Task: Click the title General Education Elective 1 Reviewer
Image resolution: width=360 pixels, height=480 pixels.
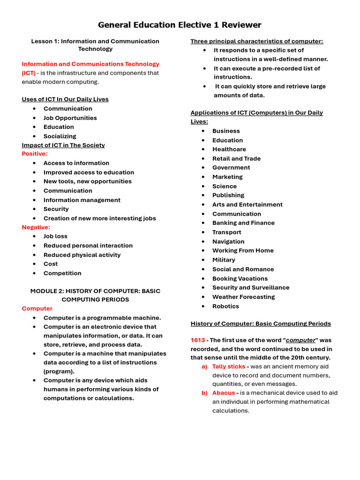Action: tap(180, 25)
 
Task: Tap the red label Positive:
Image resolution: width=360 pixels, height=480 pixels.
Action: tap(35, 154)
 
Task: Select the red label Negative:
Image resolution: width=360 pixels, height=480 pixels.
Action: tap(36, 227)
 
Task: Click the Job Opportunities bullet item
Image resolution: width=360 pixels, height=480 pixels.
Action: tap(70, 118)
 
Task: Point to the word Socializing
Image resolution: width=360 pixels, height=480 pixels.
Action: tap(60, 136)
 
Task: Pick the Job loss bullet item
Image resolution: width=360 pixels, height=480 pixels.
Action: tap(55, 236)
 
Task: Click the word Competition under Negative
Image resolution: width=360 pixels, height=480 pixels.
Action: tap(62, 273)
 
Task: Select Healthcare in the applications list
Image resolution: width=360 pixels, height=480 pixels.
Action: tap(229, 150)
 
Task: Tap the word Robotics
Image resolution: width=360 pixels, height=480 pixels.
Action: tap(225, 307)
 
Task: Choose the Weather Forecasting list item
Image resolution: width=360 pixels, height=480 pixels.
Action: tap(243, 297)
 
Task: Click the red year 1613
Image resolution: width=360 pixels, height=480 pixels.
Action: tap(197, 340)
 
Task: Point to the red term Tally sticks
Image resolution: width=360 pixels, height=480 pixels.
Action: tap(228, 367)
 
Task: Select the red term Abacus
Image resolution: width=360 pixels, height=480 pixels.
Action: tap(223, 393)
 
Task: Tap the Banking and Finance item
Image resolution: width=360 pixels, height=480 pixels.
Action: tap(243, 223)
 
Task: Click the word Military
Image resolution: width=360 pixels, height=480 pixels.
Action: tap(224, 260)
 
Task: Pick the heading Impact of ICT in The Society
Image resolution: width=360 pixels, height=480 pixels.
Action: tap(63, 145)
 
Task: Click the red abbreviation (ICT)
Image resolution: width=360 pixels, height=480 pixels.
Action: tap(29, 73)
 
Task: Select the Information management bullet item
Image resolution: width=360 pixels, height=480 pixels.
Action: tap(82, 200)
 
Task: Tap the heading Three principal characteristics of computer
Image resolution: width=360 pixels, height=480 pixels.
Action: tap(256, 41)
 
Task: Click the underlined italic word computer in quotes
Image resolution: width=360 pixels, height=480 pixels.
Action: tap(301, 340)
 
